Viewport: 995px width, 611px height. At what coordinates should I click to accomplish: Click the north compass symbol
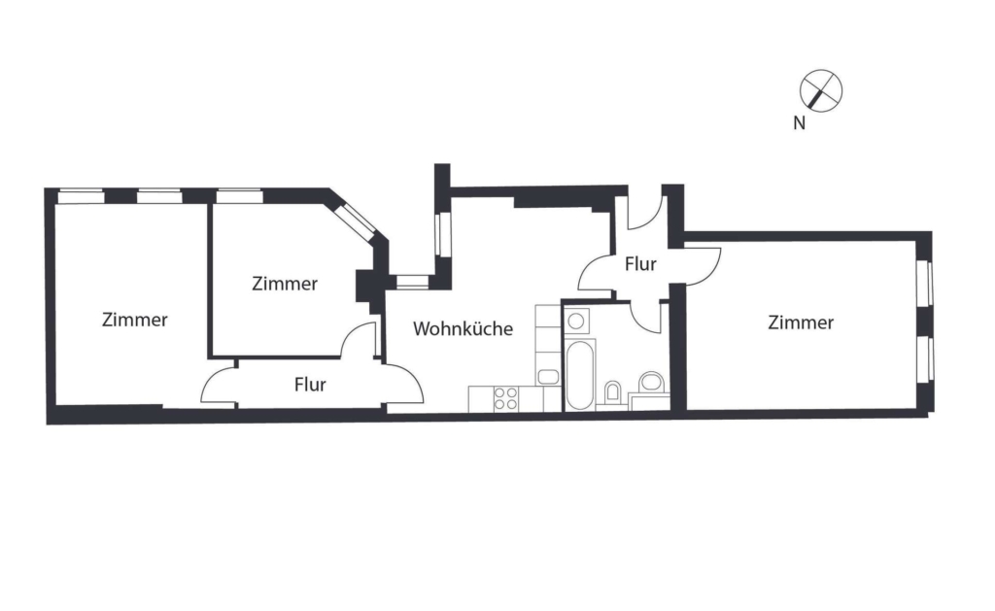pos(821,90)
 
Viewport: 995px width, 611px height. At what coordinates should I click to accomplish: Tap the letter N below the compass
pos(800,123)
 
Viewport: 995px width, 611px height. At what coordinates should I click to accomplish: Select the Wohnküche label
pos(463,328)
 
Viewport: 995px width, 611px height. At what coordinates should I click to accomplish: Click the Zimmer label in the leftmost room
pos(134,320)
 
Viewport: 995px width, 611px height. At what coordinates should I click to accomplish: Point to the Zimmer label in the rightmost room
pos(801,322)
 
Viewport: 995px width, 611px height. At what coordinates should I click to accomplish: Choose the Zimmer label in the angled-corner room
pos(285,284)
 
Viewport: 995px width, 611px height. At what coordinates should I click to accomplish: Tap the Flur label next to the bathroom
pos(640,263)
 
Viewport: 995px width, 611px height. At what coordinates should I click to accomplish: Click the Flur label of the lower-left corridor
pos(310,385)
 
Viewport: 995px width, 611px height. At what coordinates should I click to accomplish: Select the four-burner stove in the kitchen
pos(505,399)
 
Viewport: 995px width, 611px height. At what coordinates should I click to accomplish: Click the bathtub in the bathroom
pos(580,375)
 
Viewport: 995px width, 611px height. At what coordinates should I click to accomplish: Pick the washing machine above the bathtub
pos(576,322)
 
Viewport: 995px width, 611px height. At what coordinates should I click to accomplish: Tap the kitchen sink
pos(548,377)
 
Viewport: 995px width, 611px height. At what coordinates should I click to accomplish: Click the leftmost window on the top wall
pos(82,196)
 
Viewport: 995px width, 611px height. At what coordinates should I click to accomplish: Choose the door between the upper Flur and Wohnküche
pos(597,274)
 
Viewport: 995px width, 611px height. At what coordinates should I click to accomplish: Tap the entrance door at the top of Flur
pos(646,212)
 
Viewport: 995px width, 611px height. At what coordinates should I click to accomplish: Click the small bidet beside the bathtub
pos(612,390)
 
